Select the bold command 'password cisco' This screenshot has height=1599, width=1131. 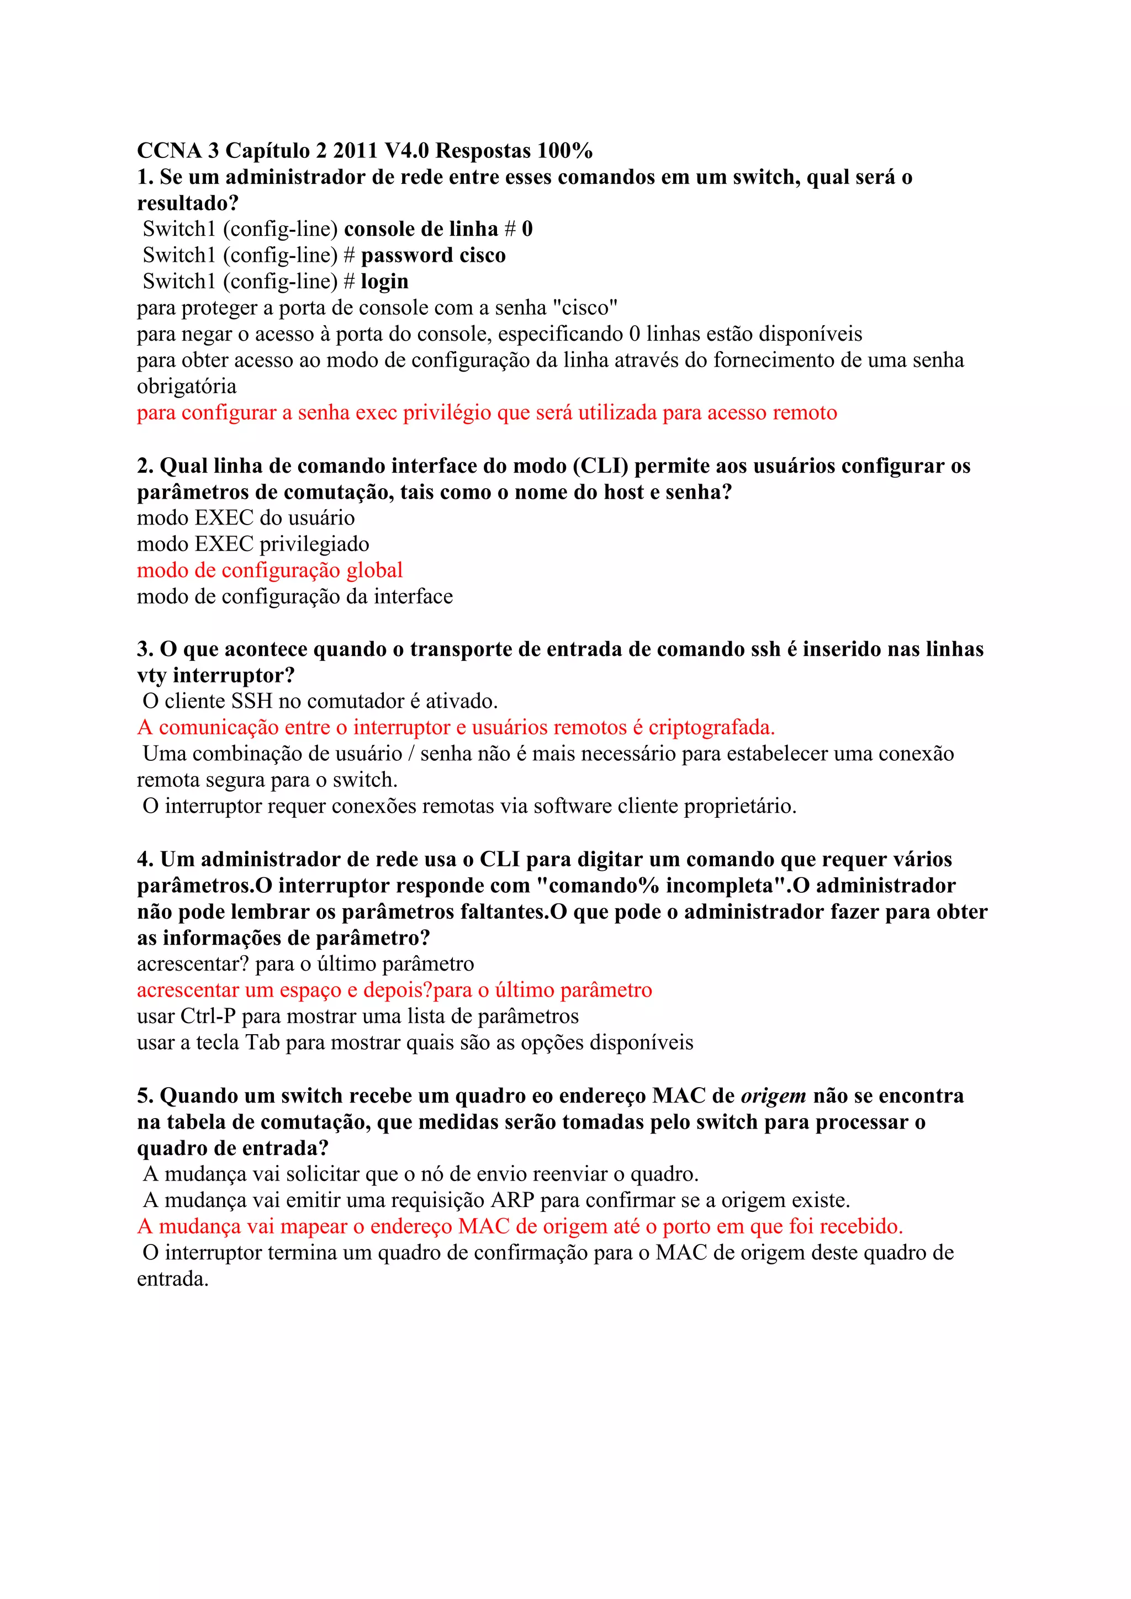432,256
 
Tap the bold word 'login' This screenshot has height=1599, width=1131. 384,282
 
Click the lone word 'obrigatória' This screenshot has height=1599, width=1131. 187,386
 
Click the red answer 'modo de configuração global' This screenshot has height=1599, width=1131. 269,570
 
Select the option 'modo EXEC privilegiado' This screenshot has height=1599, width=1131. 253,544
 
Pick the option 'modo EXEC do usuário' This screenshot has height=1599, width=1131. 246,518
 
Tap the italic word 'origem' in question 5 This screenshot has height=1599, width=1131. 773,1096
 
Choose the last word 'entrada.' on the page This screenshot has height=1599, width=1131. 173,1279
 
